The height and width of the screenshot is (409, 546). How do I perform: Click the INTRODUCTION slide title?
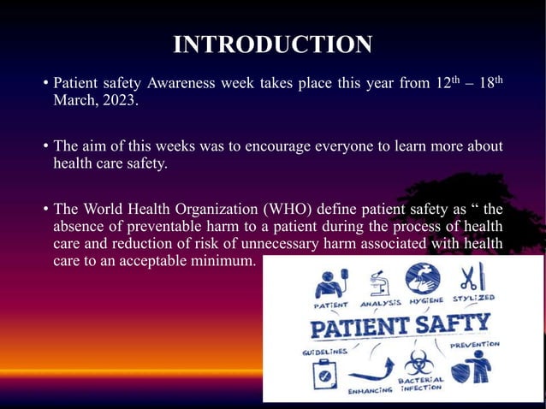(272, 44)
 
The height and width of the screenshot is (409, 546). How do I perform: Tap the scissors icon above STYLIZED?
(471, 277)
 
